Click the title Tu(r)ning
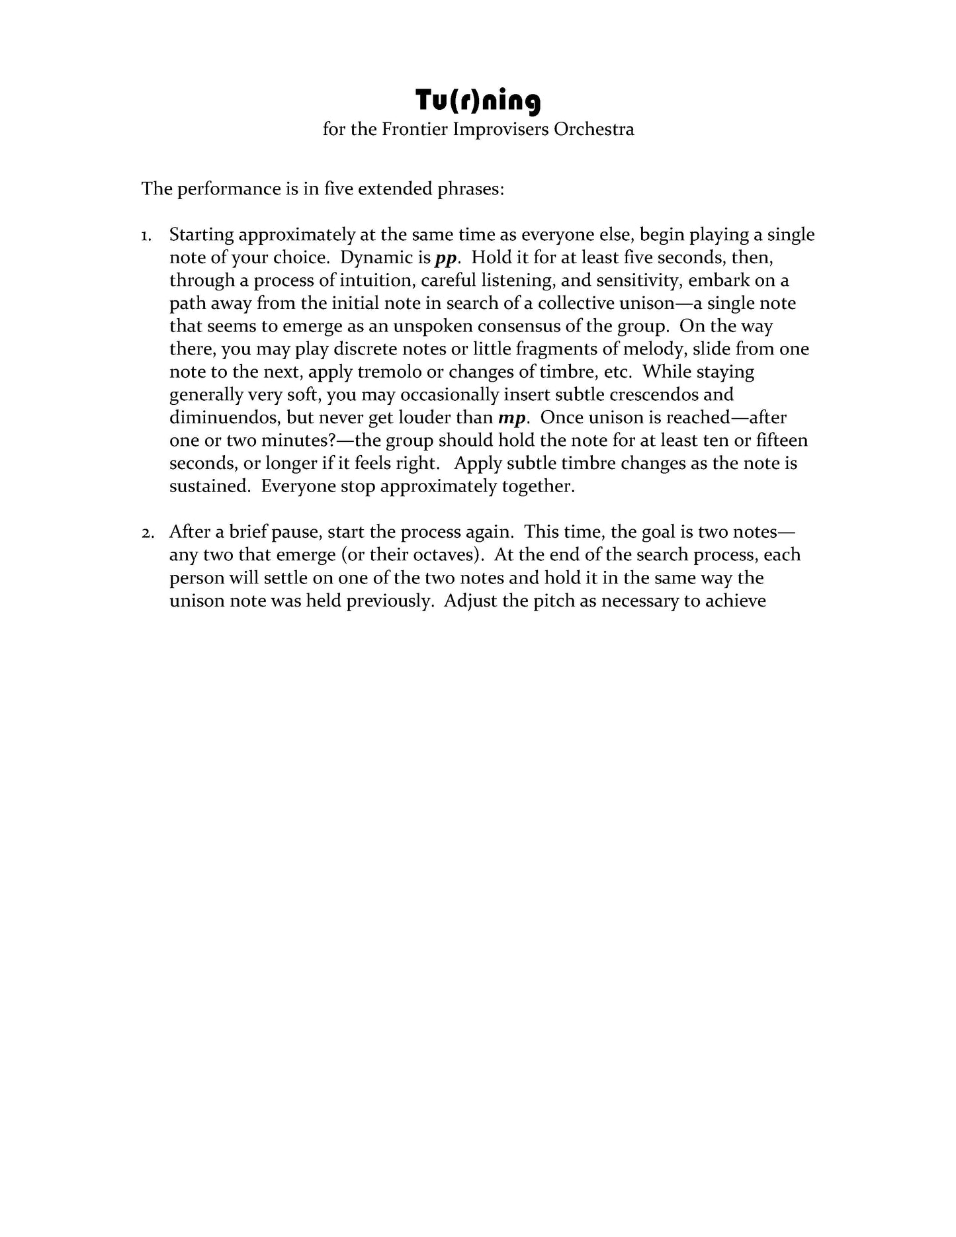click(x=478, y=101)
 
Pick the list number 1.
click(x=146, y=235)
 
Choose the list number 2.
click(x=146, y=533)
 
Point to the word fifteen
click(x=781, y=441)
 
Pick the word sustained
click(x=209, y=487)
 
